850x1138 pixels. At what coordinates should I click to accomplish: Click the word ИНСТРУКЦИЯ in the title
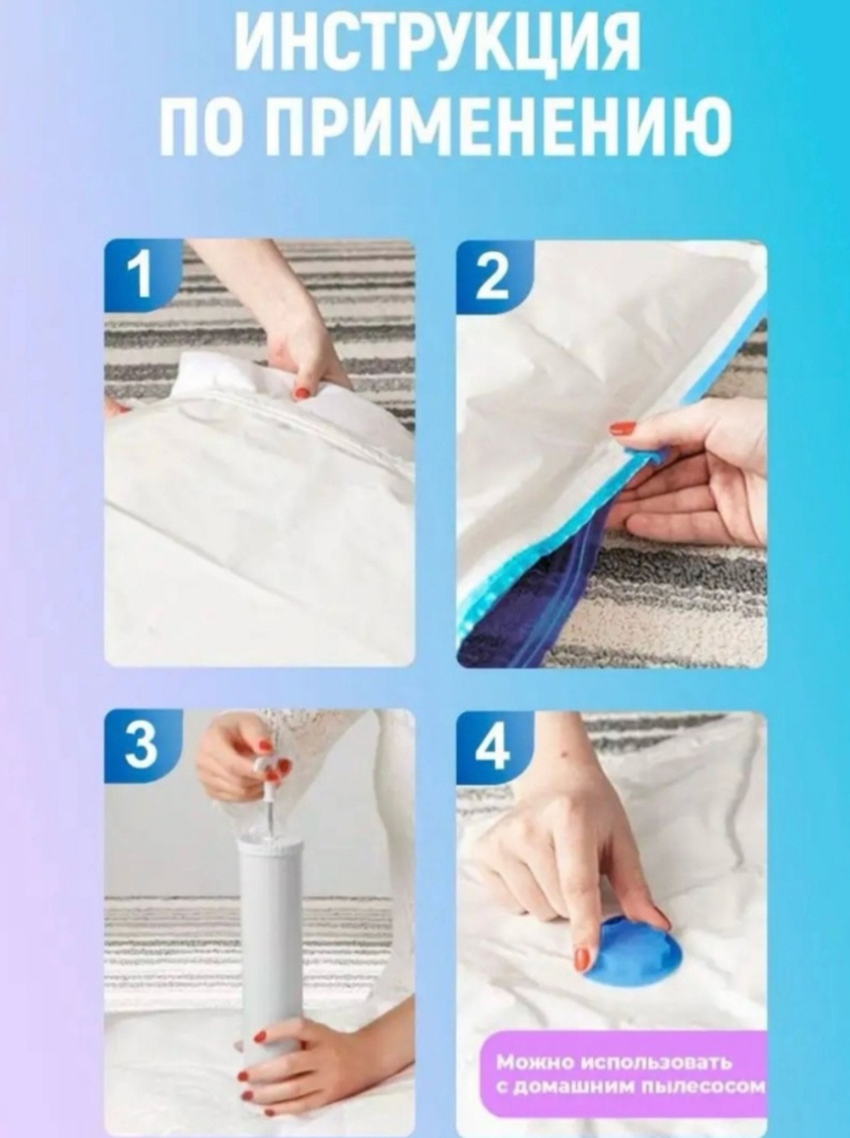pyautogui.click(x=438, y=46)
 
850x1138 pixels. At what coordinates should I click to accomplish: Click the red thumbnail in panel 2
pyautogui.click(x=622, y=428)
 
